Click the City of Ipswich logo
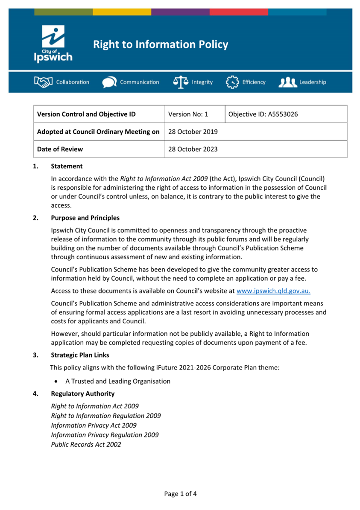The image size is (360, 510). coord(53,44)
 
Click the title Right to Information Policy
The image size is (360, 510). coord(161,44)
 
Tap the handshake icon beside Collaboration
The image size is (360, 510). coord(43,82)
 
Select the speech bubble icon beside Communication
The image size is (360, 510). coord(109,82)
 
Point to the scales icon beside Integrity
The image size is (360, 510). coord(181,82)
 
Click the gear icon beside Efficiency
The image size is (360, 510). coord(232,82)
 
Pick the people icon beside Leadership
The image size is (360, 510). coord(287,82)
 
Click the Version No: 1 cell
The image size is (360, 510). coord(188,114)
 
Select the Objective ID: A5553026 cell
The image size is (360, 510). coord(263,114)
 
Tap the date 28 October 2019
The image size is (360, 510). coord(193,132)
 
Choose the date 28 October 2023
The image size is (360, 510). coord(193,149)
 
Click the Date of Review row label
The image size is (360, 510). coord(60,149)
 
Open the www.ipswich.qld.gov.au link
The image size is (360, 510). coord(273,291)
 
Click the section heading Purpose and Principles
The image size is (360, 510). coord(85,218)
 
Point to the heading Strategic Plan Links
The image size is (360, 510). coord(80,355)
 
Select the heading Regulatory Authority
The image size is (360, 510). coord(82,393)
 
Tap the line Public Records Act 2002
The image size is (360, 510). coord(86,444)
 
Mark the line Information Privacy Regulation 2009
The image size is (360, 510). coord(105,435)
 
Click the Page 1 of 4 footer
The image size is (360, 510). coord(180,494)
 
